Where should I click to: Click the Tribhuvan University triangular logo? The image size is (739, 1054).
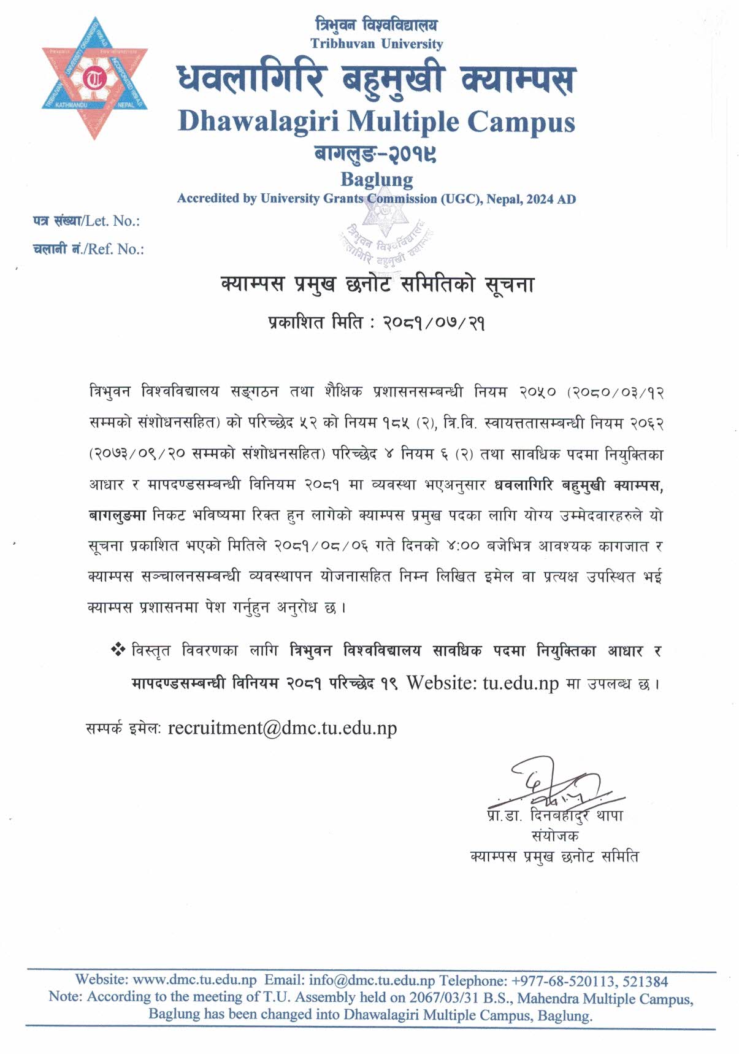pos(94,77)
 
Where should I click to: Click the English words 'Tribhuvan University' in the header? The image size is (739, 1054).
pos(376,44)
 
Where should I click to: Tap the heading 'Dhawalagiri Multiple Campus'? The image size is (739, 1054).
pos(376,121)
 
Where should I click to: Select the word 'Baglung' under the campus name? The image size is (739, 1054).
pos(376,179)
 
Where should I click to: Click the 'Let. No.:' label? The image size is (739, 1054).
pos(112,221)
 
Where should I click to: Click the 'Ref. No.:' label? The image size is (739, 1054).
pos(115,249)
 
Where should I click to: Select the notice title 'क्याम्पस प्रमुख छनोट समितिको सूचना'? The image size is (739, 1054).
pos(377,285)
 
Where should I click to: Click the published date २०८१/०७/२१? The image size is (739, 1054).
pos(434,323)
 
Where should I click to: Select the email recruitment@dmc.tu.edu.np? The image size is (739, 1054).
pos(282,728)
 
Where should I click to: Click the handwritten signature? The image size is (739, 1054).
pos(552,785)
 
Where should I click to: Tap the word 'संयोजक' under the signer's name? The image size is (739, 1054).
pos(555,836)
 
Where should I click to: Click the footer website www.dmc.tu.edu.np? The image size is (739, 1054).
pos(194,980)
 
